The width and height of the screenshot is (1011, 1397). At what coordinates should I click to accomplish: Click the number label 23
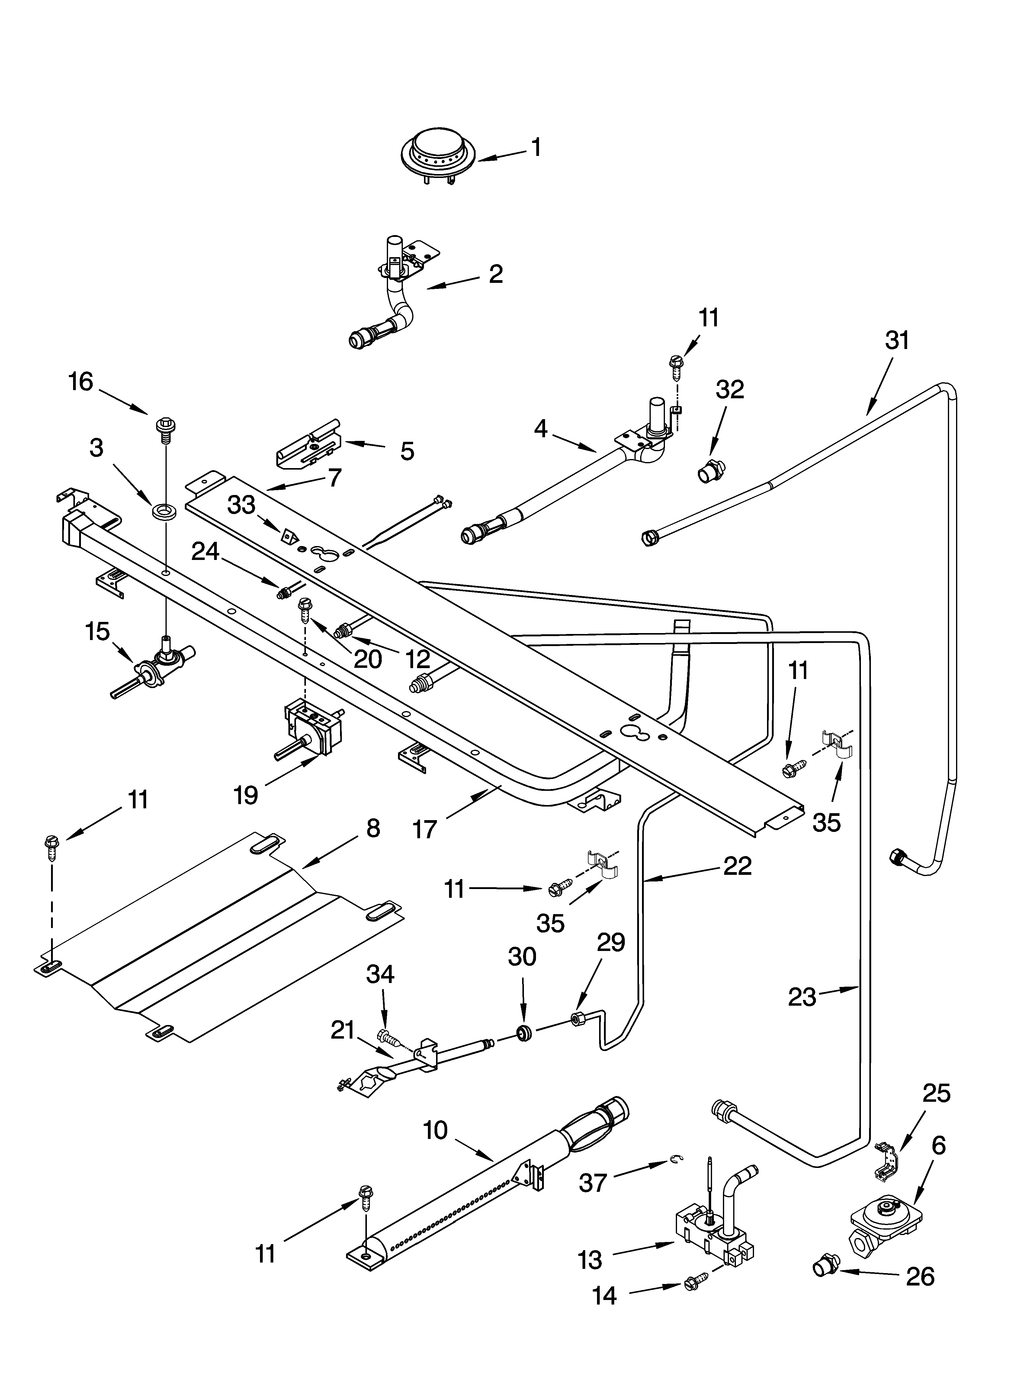[x=802, y=997]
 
